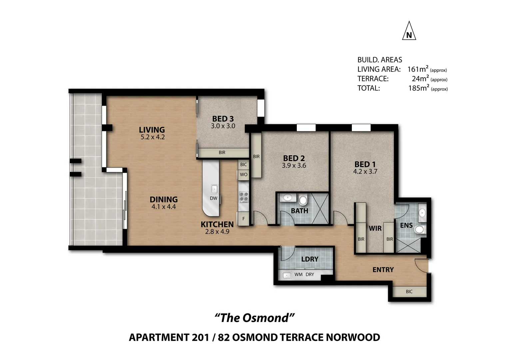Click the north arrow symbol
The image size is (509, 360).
pyautogui.click(x=409, y=31)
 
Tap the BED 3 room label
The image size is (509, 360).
pyautogui.click(x=223, y=119)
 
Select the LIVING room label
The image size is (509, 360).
pyautogui.click(x=152, y=130)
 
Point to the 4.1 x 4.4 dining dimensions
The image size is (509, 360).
pyautogui.click(x=164, y=207)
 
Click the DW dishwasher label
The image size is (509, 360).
pyautogui.click(x=214, y=198)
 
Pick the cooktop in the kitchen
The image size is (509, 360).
pyautogui.click(x=244, y=197)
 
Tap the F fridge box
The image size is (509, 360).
pyautogui.click(x=244, y=219)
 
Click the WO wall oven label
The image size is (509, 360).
pyautogui.click(x=244, y=175)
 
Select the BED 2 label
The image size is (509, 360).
pyautogui.click(x=294, y=158)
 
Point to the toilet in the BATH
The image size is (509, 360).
pyautogui.click(x=303, y=200)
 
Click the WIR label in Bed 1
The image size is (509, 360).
pyautogui.click(x=375, y=228)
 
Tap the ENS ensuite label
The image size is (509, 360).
pyautogui.click(x=406, y=225)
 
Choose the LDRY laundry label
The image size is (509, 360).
pyautogui.click(x=310, y=259)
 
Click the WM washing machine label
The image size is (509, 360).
pyautogui.click(x=298, y=274)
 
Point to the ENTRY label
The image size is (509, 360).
pyautogui.click(x=383, y=270)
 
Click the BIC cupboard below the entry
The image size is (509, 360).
pyautogui.click(x=409, y=292)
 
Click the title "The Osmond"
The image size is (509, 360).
pyautogui.click(x=254, y=318)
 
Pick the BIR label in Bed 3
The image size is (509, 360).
pyautogui.click(x=222, y=153)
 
